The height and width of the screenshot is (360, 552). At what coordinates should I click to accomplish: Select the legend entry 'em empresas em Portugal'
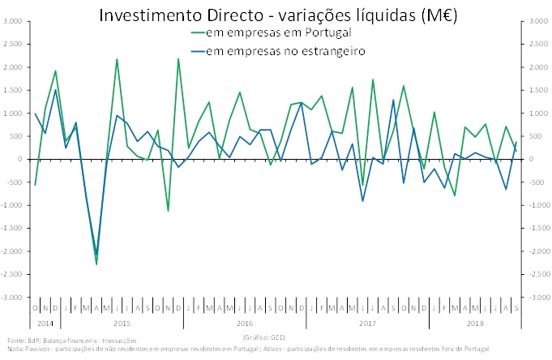278,33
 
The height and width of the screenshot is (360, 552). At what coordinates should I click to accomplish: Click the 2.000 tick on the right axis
537,67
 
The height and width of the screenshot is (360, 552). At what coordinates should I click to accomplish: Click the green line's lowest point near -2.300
96,264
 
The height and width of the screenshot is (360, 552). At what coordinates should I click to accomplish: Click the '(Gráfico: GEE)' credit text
264,336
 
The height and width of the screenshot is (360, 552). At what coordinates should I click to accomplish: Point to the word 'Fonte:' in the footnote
15,341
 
